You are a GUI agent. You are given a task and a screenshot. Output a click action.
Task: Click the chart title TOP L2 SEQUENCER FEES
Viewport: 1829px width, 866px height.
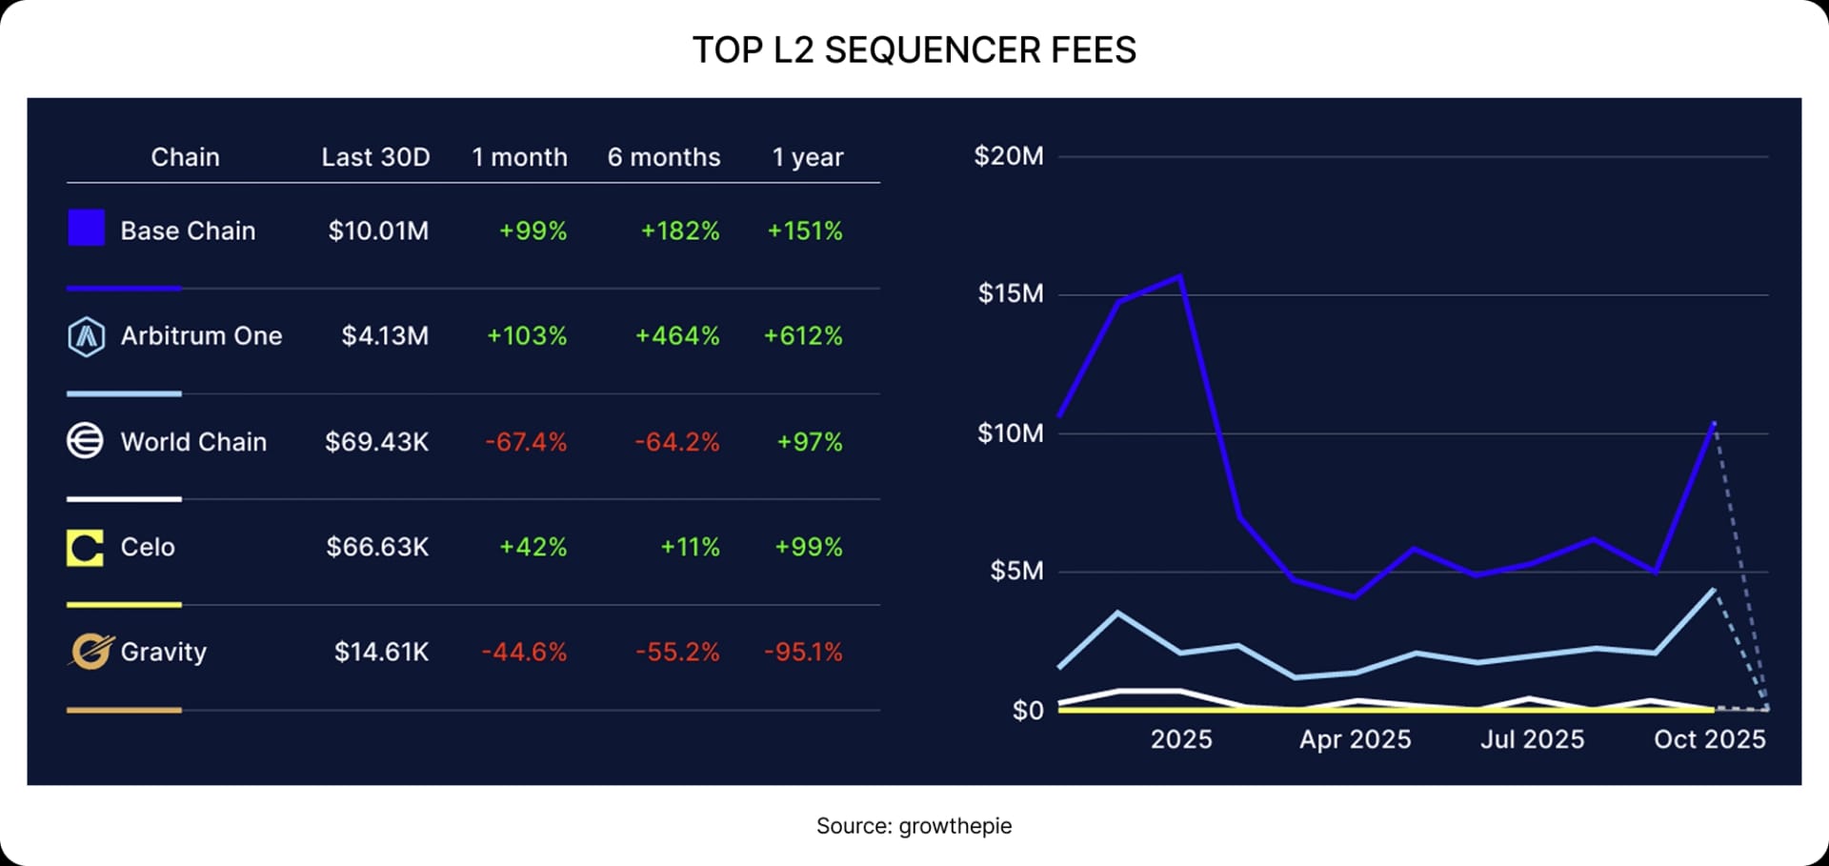click(914, 50)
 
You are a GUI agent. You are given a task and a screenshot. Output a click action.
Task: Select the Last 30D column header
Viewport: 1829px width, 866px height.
click(375, 157)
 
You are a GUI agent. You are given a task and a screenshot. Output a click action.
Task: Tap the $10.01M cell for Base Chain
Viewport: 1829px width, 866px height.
click(378, 231)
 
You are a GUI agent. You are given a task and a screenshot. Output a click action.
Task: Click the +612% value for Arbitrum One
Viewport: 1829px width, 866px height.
click(803, 335)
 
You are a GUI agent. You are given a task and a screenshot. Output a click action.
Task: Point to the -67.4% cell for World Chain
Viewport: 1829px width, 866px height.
click(526, 442)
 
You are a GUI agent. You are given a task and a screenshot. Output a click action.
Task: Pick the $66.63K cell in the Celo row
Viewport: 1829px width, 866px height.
click(377, 547)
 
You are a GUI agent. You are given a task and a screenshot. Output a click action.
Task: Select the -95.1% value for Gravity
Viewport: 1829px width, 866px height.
click(803, 652)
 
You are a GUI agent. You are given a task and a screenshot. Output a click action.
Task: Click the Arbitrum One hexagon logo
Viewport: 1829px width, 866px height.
click(86, 336)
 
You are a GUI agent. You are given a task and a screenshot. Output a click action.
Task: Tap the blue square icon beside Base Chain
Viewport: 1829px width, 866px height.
click(86, 229)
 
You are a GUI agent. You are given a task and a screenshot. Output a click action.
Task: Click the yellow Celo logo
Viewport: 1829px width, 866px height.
click(85, 548)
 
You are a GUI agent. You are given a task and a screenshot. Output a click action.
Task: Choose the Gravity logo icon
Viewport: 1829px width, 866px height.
click(90, 652)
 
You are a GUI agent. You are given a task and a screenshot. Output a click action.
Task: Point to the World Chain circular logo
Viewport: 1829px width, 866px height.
click(85, 441)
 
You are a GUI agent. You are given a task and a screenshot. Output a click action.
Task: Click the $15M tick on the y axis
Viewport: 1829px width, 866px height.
click(1011, 293)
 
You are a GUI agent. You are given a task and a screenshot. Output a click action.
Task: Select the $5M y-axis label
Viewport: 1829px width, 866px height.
click(1016, 571)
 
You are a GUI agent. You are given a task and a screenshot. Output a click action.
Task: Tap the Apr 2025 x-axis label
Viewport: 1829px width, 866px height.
click(1355, 739)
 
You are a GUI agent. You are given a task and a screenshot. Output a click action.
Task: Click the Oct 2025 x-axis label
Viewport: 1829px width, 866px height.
click(1709, 739)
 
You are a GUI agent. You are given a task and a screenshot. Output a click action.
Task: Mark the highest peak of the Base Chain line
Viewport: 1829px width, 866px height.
click(1180, 277)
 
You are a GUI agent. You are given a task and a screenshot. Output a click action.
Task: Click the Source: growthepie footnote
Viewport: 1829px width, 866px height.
click(914, 826)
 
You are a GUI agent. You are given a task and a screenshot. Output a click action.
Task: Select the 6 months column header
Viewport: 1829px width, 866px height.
click(664, 157)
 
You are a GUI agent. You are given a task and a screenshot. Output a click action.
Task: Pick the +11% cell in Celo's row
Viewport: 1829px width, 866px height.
click(690, 547)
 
